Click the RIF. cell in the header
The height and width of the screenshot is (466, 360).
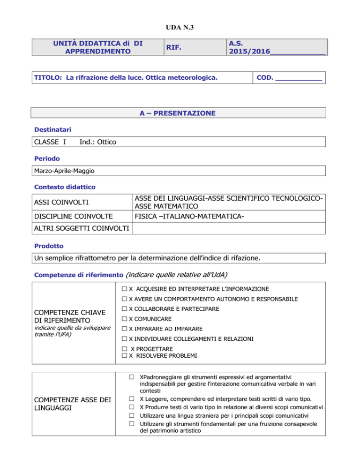click(x=176, y=47)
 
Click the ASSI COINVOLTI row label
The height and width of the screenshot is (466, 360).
click(x=58, y=203)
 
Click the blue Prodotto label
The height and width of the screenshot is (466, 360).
click(x=48, y=245)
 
